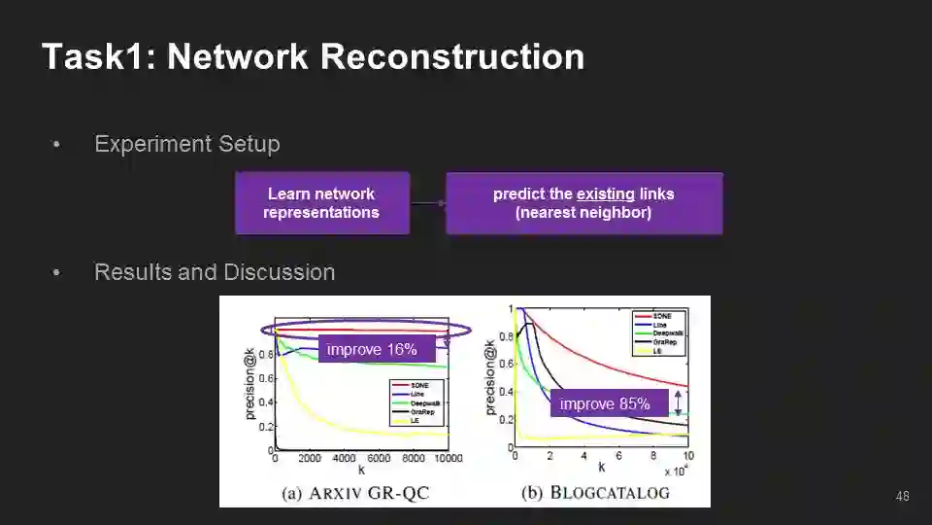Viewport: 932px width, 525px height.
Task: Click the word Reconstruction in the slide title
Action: [x=451, y=56]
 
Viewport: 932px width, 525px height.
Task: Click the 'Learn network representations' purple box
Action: [x=321, y=203]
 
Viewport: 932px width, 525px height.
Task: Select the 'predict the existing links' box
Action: [x=583, y=203]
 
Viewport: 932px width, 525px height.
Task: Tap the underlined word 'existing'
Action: [x=605, y=193]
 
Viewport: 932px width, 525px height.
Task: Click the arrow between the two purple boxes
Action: [x=427, y=203]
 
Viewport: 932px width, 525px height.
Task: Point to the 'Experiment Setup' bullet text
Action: [x=186, y=144]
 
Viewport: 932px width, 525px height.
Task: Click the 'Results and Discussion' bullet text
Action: [x=214, y=272]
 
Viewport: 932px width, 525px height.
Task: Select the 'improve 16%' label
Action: [x=371, y=349]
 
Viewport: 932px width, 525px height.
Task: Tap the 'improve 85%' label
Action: [x=605, y=403]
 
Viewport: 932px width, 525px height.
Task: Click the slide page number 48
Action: [x=902, y=497]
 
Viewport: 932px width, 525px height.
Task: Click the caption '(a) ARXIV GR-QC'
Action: [x=355, y=493]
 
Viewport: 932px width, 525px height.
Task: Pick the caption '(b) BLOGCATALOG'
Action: [x=595, y=492]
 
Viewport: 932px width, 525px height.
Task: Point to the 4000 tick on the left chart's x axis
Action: [x=345, y=459]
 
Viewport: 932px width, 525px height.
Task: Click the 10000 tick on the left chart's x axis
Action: [x=448, y=459]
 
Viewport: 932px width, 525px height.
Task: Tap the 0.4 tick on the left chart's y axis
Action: [x=266, y=402]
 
